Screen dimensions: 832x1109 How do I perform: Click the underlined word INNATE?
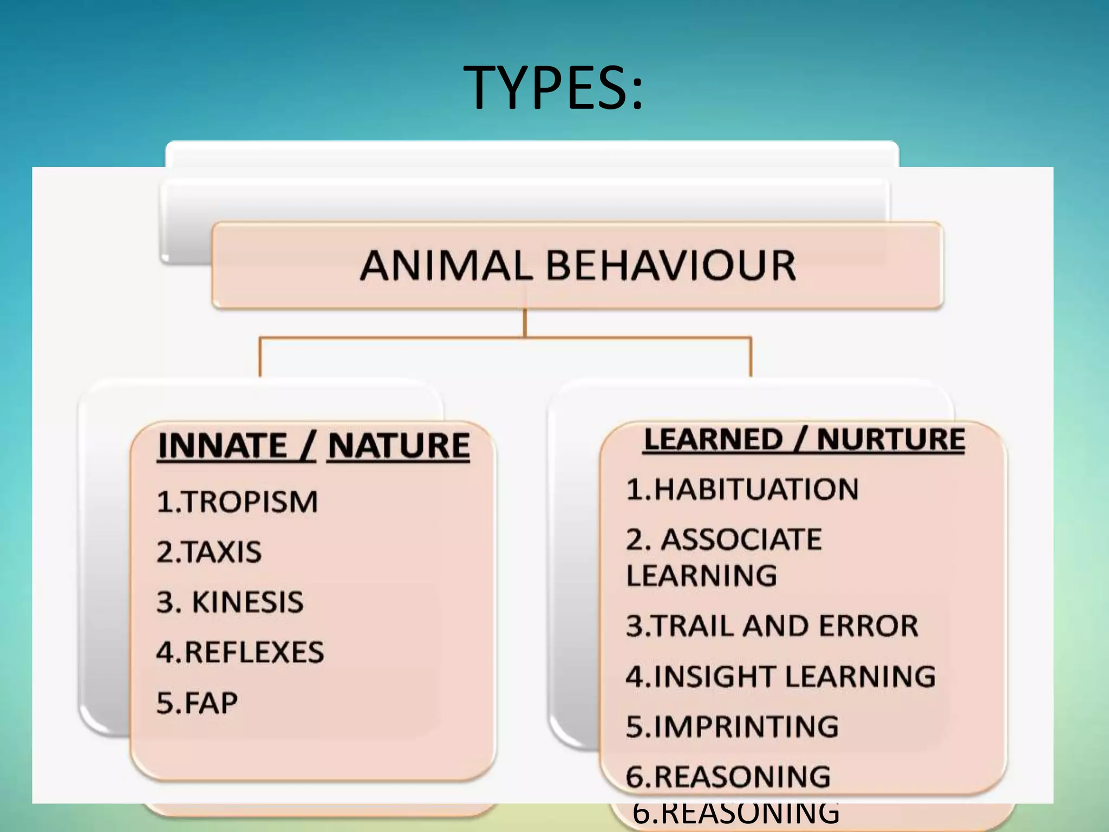[223, 446]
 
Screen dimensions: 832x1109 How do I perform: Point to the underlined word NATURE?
[399, 446]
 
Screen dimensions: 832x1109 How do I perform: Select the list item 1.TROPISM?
[237, 502]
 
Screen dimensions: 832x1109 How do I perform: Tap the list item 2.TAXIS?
[209, 552]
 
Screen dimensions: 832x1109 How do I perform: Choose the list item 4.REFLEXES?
[240, 652]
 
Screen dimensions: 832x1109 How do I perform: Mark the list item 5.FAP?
[197, 703]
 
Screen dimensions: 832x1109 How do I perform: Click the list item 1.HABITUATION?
[742, 490]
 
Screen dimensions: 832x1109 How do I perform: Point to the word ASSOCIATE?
[741, 540]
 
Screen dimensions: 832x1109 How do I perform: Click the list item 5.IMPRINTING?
[732, 727]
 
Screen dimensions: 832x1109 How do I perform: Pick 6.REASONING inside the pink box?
[728, 777]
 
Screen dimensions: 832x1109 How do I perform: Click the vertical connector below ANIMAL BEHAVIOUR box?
[525, 323]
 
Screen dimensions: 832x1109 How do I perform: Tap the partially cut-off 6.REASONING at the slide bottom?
[735, 815]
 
